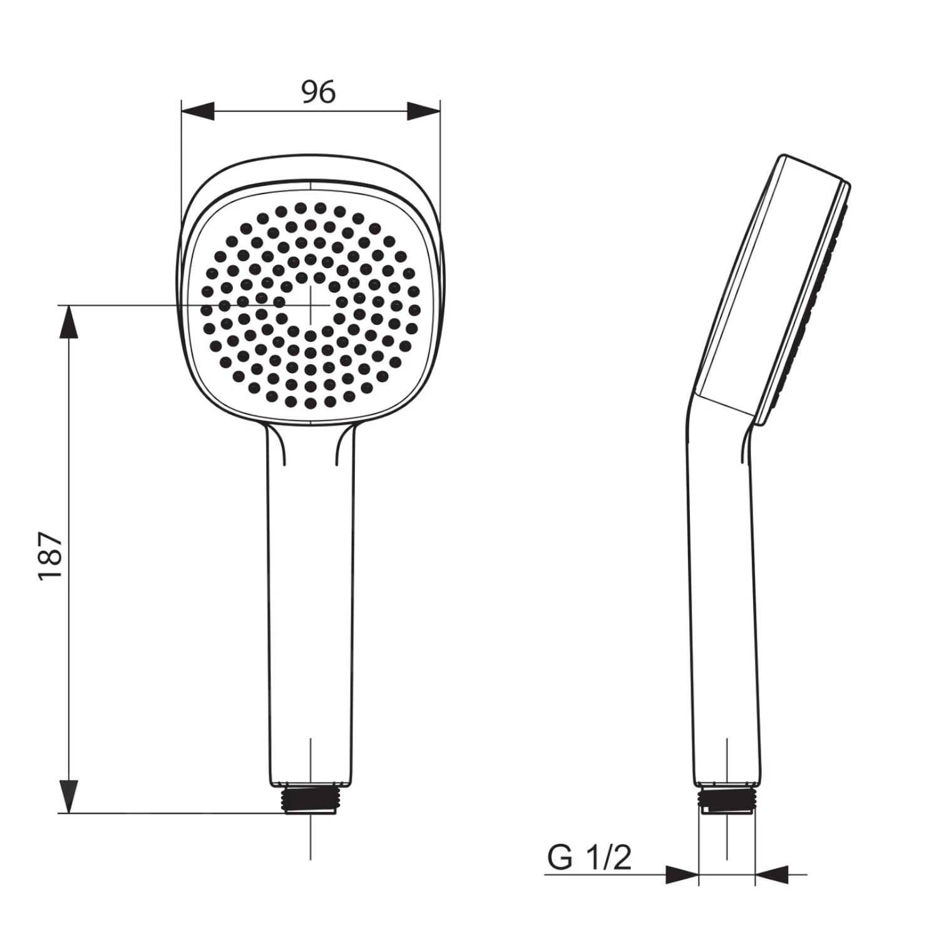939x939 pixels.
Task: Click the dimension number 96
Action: (x=319, y=92)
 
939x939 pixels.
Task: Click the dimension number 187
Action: (x=51, y=557)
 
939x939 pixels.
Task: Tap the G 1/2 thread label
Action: (x=590, y=857)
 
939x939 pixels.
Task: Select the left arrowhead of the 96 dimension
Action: (x=198, y=111)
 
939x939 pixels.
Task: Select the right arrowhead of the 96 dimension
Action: (x=423, y=111)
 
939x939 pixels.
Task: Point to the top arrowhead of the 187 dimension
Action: (x=69, y=322)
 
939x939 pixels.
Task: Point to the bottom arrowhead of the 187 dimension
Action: (x=69, y=796)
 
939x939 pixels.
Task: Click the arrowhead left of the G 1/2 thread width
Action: (x=682, y=875)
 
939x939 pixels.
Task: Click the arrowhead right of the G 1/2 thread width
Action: (x=772, y=875)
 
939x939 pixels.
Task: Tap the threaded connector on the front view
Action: (x=310, y=799)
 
